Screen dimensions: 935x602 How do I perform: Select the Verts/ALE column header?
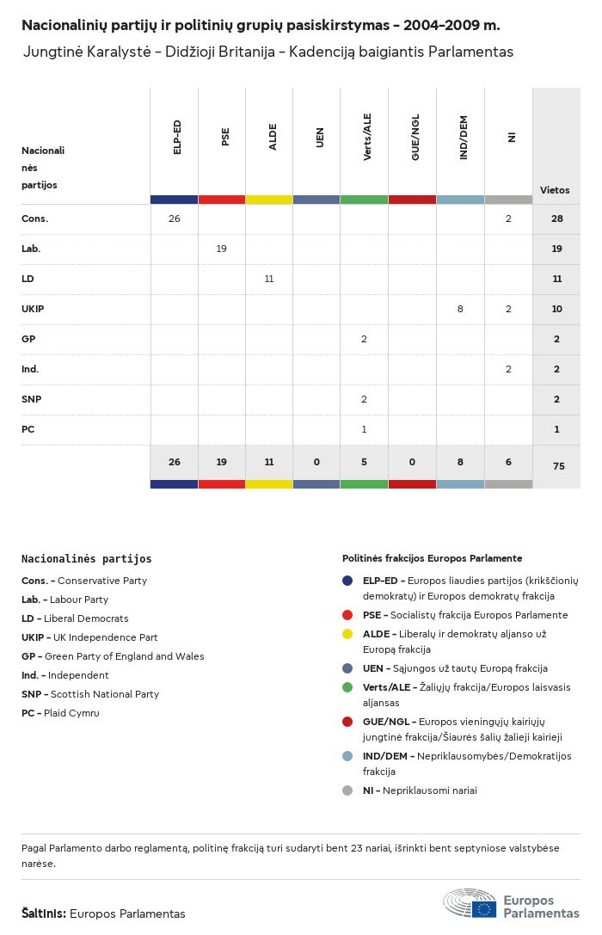click(x=367, y=138)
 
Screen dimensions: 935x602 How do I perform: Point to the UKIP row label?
click(x=34, y=309)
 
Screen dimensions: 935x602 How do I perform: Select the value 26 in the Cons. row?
click(x=175, y=218)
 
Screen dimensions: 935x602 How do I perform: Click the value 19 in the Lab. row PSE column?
click(x=222, y=249)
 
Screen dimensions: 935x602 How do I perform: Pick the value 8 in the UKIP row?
click(x=460, y=309)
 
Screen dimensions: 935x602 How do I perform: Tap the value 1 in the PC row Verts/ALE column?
click(x=365, y=429)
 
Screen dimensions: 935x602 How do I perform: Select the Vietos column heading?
click(x=555, y=190)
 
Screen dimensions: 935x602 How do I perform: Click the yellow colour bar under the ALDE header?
click(x=269, y=200)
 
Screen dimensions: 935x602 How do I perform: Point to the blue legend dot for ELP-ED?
click(x=347, y=581)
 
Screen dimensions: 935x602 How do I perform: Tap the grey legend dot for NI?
click(x=347, y=790)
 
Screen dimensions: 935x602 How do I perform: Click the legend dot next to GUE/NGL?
click(x=347, y=722)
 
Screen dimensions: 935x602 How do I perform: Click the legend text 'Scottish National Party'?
click(x=105, y=694)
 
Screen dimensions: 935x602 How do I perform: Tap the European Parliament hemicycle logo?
click(x=470, y=903)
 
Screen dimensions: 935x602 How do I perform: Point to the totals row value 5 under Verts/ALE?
click(x=365, y=462)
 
